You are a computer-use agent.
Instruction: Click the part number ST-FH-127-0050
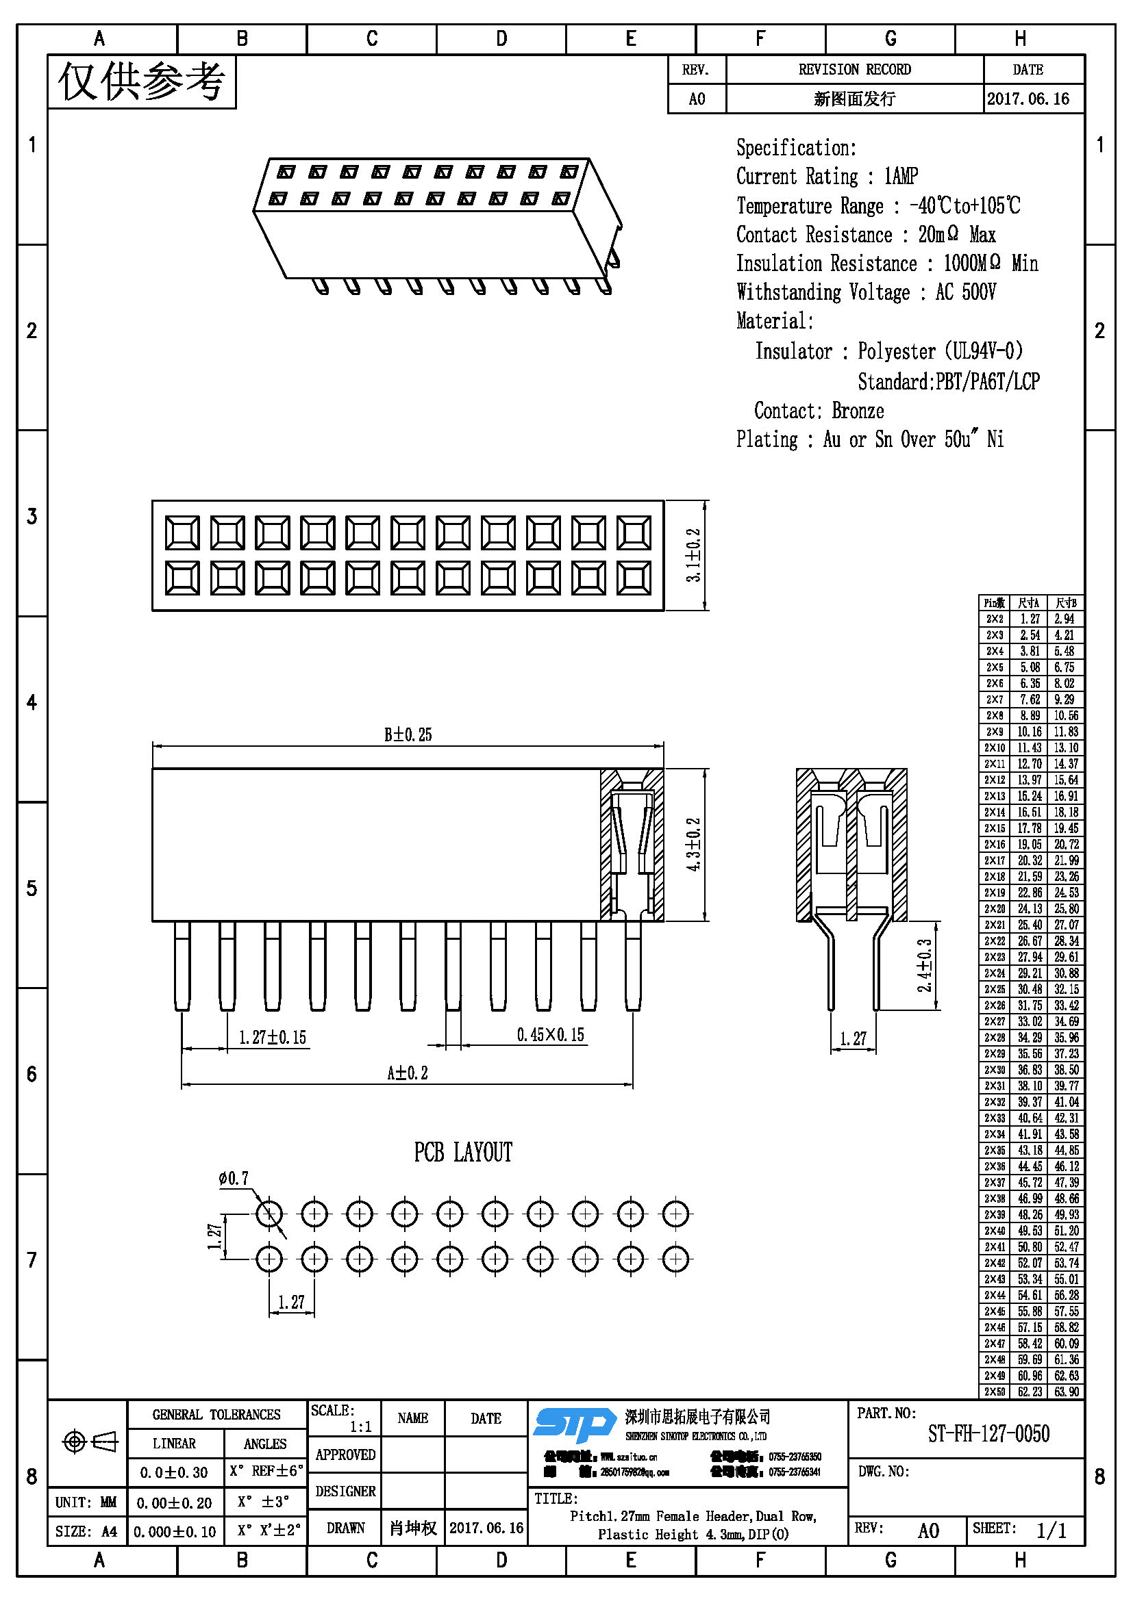(x=988, y=1434)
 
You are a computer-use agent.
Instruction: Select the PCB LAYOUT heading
(x=463, y=1152)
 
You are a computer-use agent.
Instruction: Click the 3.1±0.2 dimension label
(x=693, y=555)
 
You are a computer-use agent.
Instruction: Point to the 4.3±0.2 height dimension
(x=693, y=845)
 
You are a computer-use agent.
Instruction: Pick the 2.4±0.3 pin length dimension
(x=924, y=965)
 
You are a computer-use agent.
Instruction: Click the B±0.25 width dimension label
(x=408, y=734)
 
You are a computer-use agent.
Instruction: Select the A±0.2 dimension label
(x=408, y=1073)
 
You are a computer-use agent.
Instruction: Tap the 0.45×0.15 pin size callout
(x=551, y=1035)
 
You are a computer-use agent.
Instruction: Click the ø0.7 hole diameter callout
(x=234, y=1179)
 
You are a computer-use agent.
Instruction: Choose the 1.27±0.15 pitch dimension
(x=272, y=1038)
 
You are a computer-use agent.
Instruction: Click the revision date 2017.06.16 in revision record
(x=1028, y=99)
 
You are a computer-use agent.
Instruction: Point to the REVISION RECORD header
(x=855, y=70)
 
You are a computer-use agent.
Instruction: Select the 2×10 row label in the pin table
(x=994, y=747)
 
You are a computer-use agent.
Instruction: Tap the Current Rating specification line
(x=827, y=177)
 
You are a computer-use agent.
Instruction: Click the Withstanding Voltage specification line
(x=866, y=292)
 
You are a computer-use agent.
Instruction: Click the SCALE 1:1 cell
(x=343, y=1418)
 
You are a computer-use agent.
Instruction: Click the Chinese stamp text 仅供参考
(x=142, y=82)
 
